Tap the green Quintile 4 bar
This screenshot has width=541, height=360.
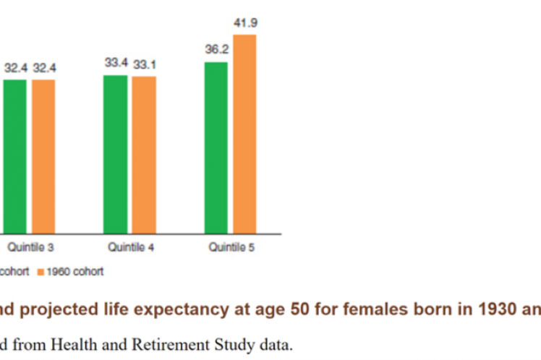click(x=115, y=153)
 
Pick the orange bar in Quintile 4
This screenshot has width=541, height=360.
click(x=144, y=154)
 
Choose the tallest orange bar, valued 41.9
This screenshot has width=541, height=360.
click(x=244, y=133)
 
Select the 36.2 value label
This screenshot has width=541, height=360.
click(x=216, y=51)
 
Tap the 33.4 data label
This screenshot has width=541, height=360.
click(x=116, y=64)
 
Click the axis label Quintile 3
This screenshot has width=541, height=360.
click(x=30, y=248)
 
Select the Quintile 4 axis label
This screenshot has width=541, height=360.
click(x=130, y=248)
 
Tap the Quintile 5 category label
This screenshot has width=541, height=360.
click(x=231, y=248)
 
